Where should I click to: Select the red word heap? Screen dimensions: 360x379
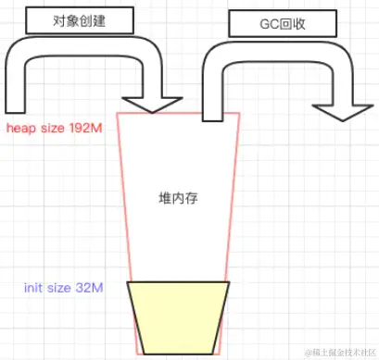20,127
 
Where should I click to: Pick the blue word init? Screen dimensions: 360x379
34,288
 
